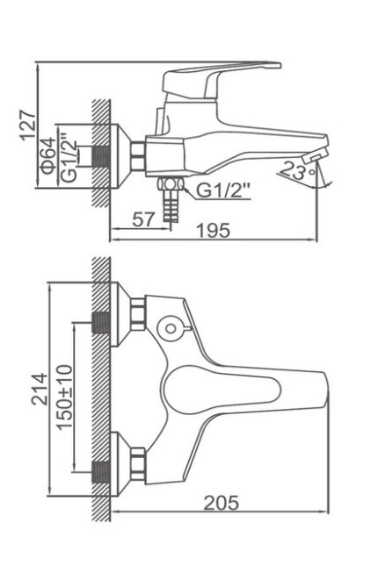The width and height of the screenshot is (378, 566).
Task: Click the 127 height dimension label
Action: [x=28, y=125]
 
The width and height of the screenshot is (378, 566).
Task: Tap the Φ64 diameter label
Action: [x=49, y=155]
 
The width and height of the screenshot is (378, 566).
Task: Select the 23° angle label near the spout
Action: [x=298, y=170]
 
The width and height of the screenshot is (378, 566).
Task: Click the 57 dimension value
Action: [x=143, y=219]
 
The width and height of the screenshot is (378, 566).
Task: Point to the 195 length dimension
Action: [x=213, y=230]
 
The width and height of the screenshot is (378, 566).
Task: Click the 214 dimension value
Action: [x=40, y=389]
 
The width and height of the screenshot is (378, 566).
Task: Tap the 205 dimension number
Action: [x=222, y=503]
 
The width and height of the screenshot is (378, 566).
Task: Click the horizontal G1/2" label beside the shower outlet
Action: [x=223, y=190]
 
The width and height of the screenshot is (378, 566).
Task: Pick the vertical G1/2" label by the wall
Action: [x=69, y=157]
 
